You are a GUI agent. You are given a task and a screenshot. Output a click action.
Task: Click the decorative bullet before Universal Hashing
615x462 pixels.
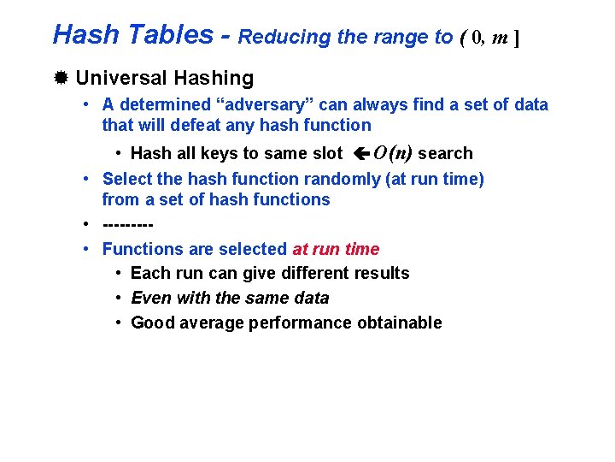pyautogui.click(x=61, y=79)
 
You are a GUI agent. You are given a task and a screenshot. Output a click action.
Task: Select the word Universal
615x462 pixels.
pyautogui.click(x=121, y=79)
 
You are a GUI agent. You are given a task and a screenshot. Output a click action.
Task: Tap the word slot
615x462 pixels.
pyautogui.click(x=324, y=153)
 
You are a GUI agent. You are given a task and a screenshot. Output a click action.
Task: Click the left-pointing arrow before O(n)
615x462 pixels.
pyautogui.click(x=360, y=154)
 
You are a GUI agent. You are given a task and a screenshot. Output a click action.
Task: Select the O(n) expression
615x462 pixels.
pyautogui.click(x=393, y=153)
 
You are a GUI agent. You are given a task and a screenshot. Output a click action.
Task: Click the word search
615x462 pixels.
pyautogui.click(x=445, y=153)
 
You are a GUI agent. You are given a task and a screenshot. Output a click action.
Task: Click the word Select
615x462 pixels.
pyautogui.click(x=128, y=179)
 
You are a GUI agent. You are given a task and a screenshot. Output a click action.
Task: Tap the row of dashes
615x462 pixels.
pyautogui.click(x=127, y=225)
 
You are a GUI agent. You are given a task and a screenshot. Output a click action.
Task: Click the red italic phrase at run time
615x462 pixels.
pyautogui.click(x=336, y=249)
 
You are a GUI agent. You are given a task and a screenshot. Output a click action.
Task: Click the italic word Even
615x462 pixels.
pyautogui.click(x=149, y=298)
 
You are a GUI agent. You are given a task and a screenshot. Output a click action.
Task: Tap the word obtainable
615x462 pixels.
pyautogui.click(x=401, y=323)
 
